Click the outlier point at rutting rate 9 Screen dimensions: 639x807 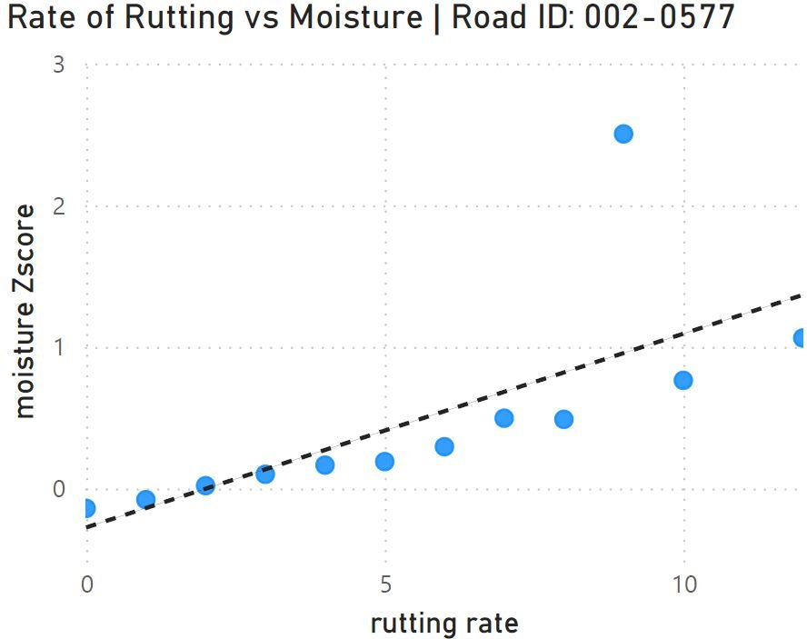(x=623, y=134)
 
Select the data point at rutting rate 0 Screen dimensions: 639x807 (x=87, y=508)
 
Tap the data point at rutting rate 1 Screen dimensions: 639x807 (x=145, y=499)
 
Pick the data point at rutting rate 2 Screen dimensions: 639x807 (x=205, y=485)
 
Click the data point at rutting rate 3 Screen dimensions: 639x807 (x=265, y=474)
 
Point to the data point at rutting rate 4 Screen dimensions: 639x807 (x=324, y=464)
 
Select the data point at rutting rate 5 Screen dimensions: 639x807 (x=384, y=461)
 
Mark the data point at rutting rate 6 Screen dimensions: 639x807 (x=444, y=446)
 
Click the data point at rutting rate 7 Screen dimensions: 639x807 (x=503, y=418)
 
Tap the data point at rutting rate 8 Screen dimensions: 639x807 (x=563, y=419)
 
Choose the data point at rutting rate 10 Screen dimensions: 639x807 (x=682, y=380)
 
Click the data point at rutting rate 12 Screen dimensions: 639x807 (x=800, y=338)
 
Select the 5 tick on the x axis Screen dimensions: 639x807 (x=385, y=583)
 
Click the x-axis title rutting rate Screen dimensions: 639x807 (x=443, y=624)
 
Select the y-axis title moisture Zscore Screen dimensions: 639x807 (x=25, y=311)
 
